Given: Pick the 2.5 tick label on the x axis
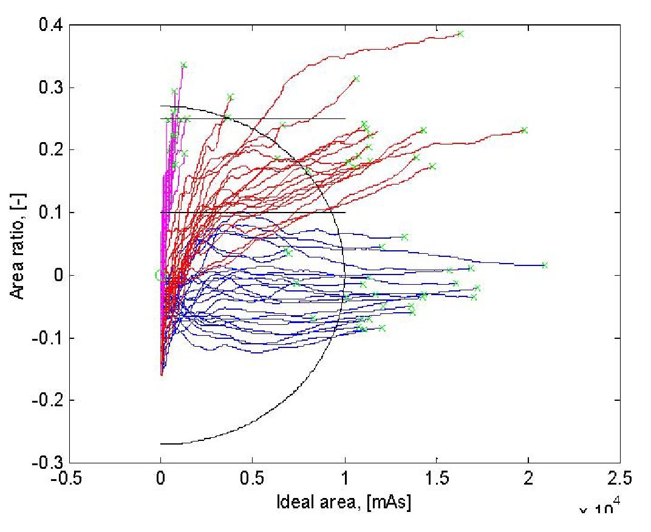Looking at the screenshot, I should pyautogui.click(x=620, y=478).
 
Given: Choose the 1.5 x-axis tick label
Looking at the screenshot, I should pyautogui.click(x=437, y=478).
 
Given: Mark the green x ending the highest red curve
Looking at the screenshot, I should pyautogui.click(x=460, y=33).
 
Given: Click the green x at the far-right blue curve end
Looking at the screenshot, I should pyautogui.click(x=545, y=265).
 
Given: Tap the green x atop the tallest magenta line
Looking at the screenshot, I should pyautogui.click(x=183, y=65).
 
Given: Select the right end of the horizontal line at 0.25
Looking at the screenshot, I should pyautogui.click(x=345, y=119).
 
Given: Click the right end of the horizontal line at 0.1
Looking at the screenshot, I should pyautogui.click(x=345, y=213).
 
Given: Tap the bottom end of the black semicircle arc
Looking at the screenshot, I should pyautogui.click(x=161, y=444).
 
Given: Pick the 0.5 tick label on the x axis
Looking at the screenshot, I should pyautogui.click(x=253, y=478).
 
